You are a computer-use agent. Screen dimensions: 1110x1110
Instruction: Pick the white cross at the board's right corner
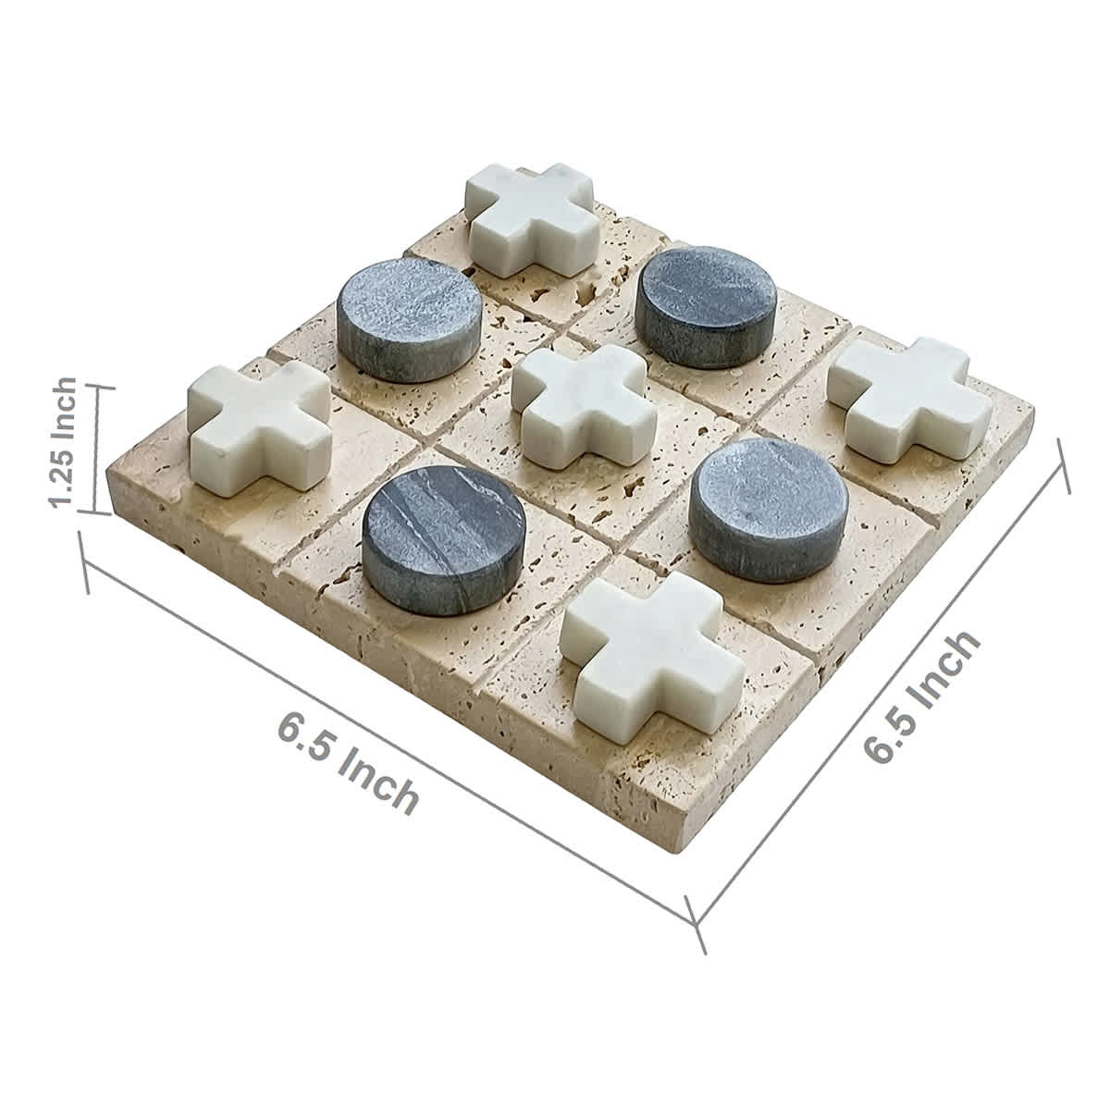897,398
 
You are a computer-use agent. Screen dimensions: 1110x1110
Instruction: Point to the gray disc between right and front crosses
757,509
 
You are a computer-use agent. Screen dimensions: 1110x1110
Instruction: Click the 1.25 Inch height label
64,442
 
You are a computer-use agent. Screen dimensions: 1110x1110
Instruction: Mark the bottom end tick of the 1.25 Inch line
92,511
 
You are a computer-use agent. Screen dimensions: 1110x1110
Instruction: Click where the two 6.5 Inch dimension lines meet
696,921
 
